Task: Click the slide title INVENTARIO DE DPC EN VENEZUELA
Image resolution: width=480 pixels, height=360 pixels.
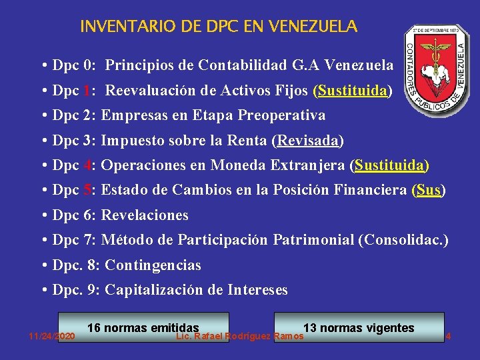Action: [219, 27]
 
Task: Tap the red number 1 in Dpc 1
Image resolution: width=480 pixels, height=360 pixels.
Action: [88, 91]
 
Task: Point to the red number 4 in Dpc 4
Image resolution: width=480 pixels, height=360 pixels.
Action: [88, 165]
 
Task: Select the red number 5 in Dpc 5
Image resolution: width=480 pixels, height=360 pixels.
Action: [88, 191]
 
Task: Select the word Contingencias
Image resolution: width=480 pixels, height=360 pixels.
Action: [153, 265]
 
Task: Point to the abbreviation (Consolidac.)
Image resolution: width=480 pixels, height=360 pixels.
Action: [403, 240]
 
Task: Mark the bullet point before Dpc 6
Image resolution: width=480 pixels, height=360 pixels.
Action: [43, 215]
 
